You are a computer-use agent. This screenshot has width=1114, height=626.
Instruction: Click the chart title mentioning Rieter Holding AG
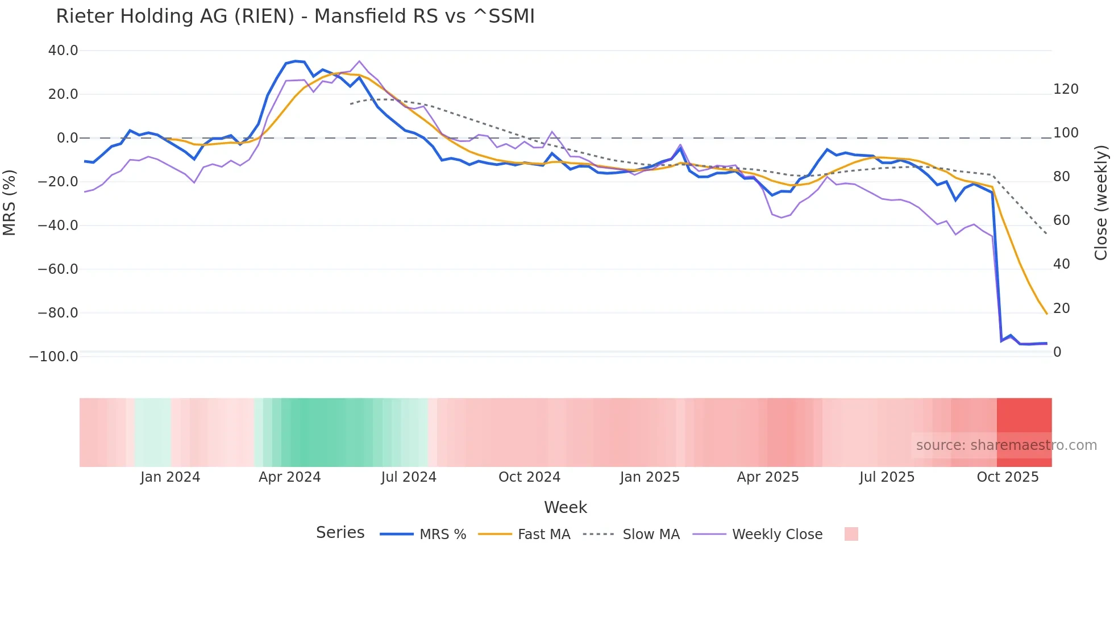295,16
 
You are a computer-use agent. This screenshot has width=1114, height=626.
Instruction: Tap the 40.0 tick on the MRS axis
63,51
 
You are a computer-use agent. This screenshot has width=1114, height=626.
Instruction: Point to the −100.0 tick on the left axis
53,357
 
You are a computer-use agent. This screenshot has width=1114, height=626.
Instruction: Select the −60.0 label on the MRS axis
57,269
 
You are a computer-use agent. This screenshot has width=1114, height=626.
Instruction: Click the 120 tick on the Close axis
1066,89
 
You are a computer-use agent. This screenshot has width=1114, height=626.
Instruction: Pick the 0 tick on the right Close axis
1057,352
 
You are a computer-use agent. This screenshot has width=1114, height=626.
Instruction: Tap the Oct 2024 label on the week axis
529,477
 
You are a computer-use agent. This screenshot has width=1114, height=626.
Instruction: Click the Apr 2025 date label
768,477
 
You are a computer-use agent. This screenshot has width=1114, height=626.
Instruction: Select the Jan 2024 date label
170,477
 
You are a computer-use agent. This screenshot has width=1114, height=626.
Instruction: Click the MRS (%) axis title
10,203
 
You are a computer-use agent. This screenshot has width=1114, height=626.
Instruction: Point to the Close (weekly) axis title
1101,203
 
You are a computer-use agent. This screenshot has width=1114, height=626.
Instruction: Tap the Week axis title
566,507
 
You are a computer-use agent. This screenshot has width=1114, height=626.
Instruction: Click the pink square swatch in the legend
851,534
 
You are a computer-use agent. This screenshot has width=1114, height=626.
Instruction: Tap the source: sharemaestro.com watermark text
1006,445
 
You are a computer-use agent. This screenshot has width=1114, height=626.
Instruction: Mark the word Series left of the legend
340,533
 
